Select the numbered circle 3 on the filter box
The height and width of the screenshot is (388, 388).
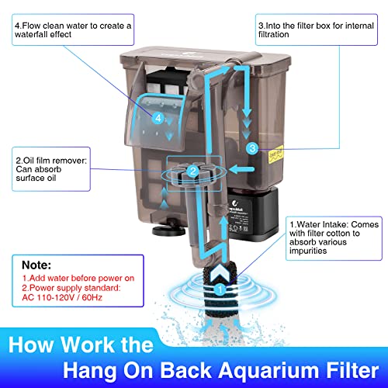coord(251,147)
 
